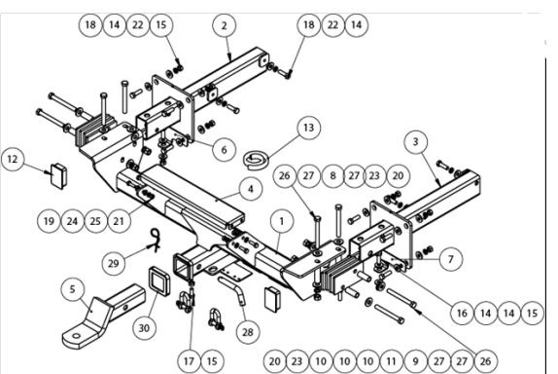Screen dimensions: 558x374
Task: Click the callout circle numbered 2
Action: click(225, 25)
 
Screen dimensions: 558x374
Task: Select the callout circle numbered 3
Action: click(416, 142)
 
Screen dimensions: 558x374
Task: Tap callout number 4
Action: click(251, 189)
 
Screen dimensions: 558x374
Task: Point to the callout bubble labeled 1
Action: click(282, 221)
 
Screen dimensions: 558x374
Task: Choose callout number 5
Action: click(73, 289)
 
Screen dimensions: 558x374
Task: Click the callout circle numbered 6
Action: click(224, 150)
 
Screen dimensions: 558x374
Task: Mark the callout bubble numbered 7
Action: click(451, 259)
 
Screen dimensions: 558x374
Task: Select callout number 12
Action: click(13, 159)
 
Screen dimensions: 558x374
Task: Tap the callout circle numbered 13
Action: click(308, 128)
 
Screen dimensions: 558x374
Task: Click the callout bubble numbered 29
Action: click(113, 264)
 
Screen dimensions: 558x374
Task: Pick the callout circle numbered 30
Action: click(144, 327)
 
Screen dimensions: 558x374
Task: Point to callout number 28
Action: click(248, 332)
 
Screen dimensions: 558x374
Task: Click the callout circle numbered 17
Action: click(189, 361)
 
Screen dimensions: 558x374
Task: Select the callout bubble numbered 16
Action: click(462, 313)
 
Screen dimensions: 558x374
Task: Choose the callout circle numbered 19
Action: click(49, 221)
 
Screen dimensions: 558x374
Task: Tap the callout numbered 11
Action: click(391, 361)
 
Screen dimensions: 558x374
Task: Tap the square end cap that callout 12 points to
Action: click(58, 175)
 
